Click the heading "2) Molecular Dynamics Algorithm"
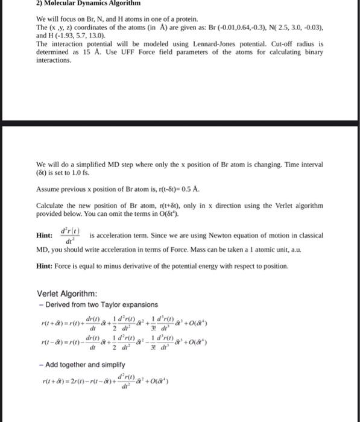(78, 4)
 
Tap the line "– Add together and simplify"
(77, 365)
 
